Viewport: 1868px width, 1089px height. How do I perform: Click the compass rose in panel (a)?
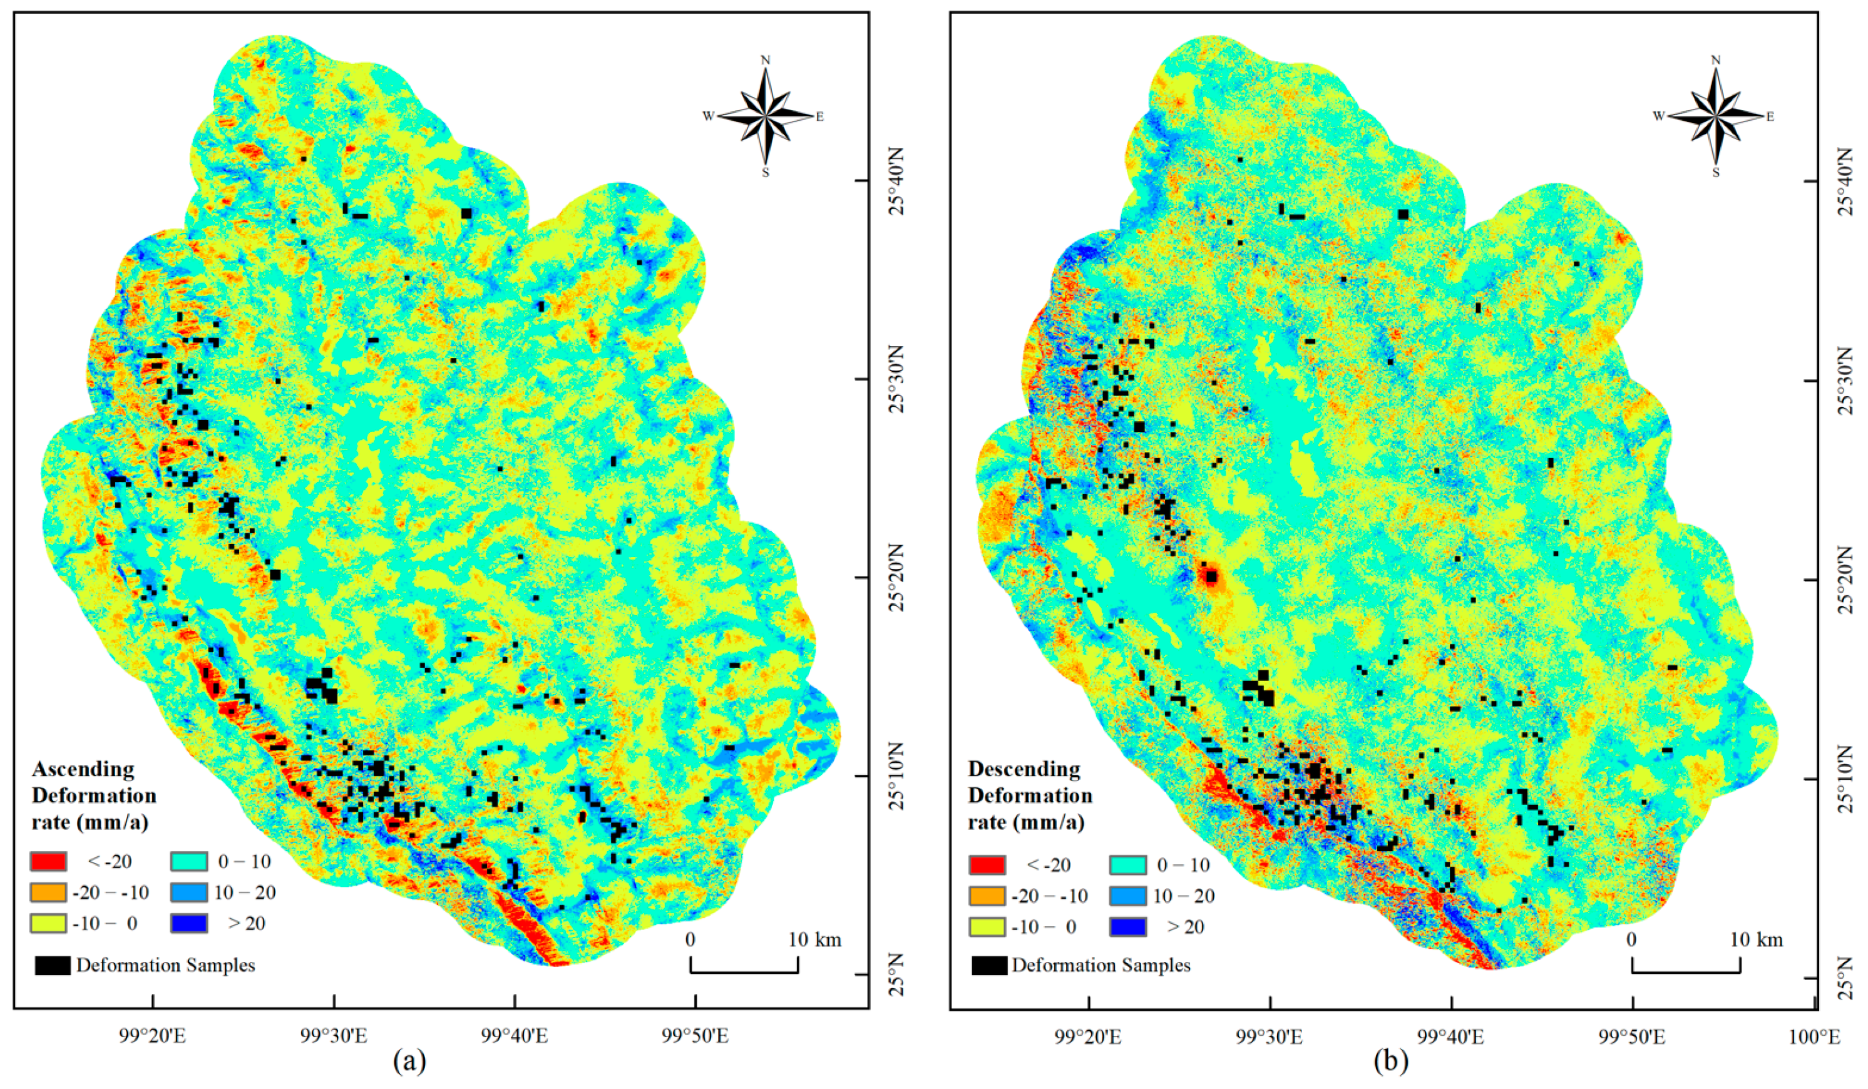766,116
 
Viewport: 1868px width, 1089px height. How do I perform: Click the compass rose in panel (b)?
1715,116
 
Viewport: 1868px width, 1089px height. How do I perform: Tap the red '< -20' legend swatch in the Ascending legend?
48,861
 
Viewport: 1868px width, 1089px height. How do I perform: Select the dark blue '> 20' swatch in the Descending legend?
1128,927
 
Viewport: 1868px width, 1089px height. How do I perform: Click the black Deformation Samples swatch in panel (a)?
53,965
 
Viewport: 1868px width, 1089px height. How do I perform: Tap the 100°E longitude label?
1817,1036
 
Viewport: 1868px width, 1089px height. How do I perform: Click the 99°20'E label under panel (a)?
153,1036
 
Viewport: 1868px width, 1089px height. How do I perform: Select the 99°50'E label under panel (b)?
1631,1036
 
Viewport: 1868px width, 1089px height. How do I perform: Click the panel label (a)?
410,1062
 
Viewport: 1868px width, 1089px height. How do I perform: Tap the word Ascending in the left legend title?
84,769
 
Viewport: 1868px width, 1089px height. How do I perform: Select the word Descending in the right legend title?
1024,769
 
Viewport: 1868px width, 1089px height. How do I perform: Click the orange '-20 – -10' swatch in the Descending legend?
987,896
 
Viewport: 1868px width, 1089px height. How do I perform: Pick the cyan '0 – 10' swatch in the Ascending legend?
188,861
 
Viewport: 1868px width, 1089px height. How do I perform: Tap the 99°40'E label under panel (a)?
515,1036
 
